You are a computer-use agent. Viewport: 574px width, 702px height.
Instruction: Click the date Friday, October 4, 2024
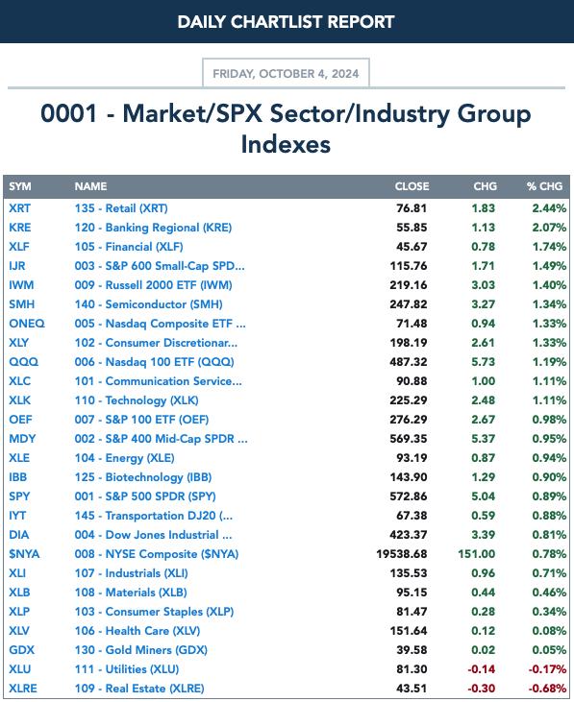coord(286,73)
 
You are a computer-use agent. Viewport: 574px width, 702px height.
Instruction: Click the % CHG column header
coord(544,186)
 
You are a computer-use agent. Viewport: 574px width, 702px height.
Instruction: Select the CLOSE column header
coord(412,186)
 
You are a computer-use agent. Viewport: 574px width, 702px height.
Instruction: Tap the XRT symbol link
coord(20,208)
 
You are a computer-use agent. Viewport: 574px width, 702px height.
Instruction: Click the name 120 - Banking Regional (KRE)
coord(153,228)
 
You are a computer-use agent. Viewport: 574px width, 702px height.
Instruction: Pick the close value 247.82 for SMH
coord(409,304)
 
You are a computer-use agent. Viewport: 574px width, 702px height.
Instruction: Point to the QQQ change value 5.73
coord(483,362)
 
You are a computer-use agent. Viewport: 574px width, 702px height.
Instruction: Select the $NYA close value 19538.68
coord(402,554)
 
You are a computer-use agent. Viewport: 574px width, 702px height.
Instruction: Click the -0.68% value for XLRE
coord(547,689)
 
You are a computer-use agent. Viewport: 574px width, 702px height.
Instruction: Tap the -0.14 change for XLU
coord(482,669)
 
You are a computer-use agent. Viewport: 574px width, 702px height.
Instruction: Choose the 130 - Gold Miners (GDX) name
coord(141,650)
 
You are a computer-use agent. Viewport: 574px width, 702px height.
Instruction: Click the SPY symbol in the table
coord(19,496)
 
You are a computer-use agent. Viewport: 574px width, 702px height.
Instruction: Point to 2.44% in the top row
coord(549,208)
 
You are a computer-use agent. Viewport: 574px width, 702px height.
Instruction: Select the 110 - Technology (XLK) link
coord(137,400)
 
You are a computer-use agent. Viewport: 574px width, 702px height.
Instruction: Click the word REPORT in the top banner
coord(361,22)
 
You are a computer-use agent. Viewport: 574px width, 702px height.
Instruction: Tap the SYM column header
coord(20,186)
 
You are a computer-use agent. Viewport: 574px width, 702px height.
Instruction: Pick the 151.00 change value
coord(476,554)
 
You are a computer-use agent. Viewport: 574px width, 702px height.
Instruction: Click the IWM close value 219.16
coord(409,285)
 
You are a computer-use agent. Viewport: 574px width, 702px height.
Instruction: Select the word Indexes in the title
coord(286,144)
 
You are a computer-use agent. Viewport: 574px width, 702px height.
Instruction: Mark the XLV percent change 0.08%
coord(549,631)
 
